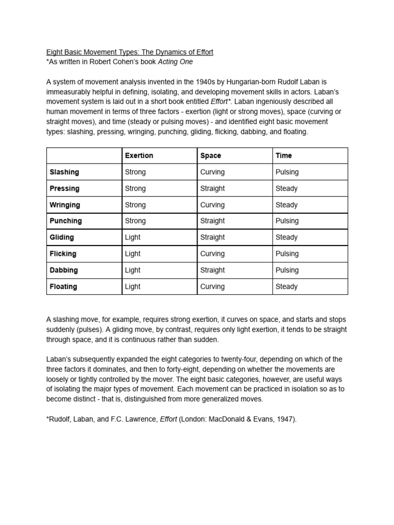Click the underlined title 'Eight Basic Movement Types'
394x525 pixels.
click(x=130, y=52)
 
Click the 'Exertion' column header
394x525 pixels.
click(x=139, y=155)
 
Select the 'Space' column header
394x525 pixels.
click(x=211, y=155)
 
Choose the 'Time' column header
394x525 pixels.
click(x=284, y=155)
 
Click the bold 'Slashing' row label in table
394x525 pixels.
click(x=64, y=172)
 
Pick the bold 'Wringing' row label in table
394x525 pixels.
click(x=65, y=205)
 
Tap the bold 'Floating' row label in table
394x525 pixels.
click(x=63, y=287)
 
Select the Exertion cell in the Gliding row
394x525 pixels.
click(x=132, y=237)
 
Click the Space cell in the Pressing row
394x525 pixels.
click(x=212, y=188)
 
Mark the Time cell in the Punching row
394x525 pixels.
click(x=287, y=221)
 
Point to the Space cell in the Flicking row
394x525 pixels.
click(x=212, y=254)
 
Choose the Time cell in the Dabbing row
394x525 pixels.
click(x=287, y=270)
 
